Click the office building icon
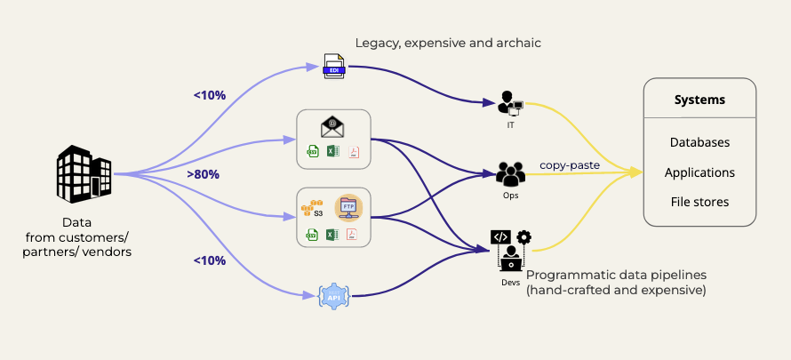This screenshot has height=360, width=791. pos(84,173)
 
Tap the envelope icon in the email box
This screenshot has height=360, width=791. pos(333,128)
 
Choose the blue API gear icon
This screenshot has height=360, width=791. pos(333,296)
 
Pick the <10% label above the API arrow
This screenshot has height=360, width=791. pos(210,260)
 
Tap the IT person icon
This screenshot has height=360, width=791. pos(510,103)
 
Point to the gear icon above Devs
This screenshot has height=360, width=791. pos(524,237)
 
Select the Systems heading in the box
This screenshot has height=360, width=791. pos(699,100)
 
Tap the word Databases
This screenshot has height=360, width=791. pos(699,142)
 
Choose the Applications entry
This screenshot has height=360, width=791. pos(699,172)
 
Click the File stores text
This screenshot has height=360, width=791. pos(699,202)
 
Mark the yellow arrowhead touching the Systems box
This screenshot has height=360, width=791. pos(636,172)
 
